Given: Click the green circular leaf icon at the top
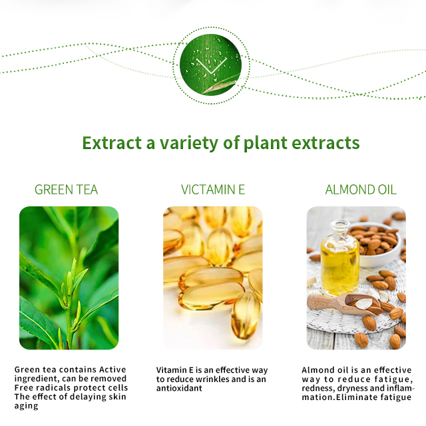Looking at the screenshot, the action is point(210,65).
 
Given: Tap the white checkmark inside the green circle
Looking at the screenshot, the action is point(212,66).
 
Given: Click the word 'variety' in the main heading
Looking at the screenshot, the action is point(189,143).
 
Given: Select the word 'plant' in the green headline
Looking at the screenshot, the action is point(266,143).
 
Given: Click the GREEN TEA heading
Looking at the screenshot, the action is point(66,190).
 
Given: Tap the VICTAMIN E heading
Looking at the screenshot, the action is point(213,190).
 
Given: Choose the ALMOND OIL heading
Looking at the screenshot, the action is point(361,190).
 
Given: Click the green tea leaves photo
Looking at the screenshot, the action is point(69,278).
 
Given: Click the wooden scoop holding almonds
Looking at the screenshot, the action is point(345,304).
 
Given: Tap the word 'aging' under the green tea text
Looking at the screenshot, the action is point(27,406).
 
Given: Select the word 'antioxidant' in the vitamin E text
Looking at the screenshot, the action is point(179,388).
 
